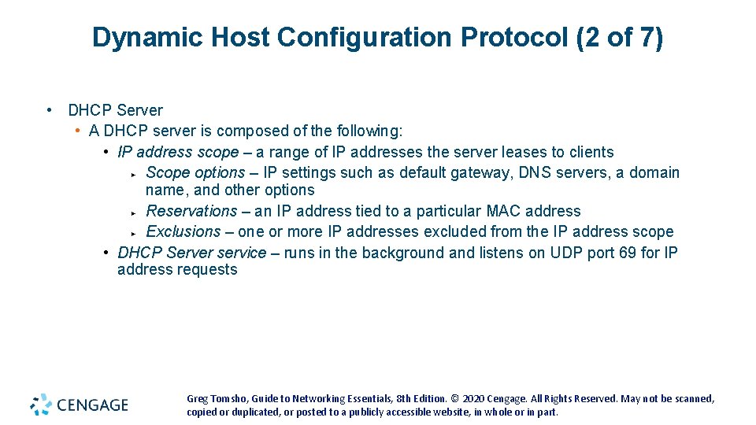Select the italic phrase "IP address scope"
tap(178, 152)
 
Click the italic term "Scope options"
tap(195, 172)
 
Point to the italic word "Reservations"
tap(191, 211)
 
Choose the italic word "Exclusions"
tap(183, 231)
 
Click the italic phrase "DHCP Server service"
tap(192, 253)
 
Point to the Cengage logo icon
tap(41, 405)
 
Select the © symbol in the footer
tap(456, 399)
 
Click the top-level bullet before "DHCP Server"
tap(50, 110)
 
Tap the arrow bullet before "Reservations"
tap(135, 213)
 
